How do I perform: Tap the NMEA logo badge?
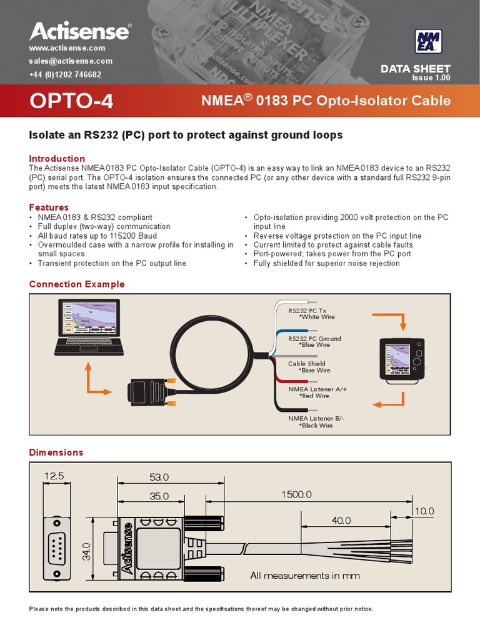coord(429,42)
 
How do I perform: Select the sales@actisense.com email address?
coord(71,61)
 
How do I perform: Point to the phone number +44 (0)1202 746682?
coord(65,74)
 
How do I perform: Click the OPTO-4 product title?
coord(72,101)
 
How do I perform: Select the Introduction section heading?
coord(57,159)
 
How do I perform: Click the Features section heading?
coord(49,207)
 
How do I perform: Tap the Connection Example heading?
coord(77,284)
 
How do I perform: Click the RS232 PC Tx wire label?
coord(307,311)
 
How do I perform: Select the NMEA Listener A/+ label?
coord(317,389)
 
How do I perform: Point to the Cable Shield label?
coord(307,364)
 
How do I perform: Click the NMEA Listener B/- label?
coord(316,417)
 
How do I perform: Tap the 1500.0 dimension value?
coord(296,494)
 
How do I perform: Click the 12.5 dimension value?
coord(54,476)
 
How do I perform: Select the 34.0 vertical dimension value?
coord(86,551)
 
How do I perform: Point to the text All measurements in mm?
coord(305,576)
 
